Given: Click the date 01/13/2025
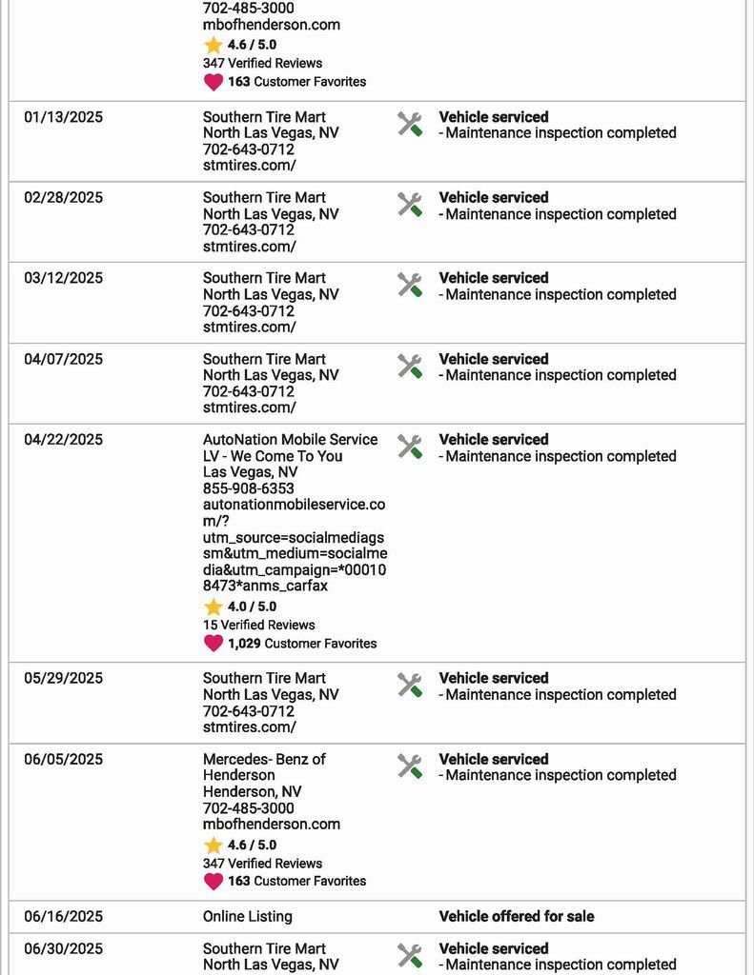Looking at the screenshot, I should click(x=64, y=117).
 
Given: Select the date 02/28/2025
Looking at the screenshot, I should click(x=64, y=198).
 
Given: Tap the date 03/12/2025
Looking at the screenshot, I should click(x=64, y=278).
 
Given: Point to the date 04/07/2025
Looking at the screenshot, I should click(x=64, y=359).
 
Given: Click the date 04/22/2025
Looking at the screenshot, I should click(x=64, y=440).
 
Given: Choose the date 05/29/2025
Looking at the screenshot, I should click(x=64, y=678).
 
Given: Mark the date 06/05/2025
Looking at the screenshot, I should click(x=64, y=759).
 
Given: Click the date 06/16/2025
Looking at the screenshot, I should click(x=64, y=917).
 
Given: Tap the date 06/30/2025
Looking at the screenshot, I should click(x=64, y=948).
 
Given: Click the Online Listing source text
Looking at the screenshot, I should click(x=248, y=917).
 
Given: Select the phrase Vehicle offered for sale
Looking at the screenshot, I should click(x=516, y=917).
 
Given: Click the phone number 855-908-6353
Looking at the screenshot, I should click(x=249, y=488).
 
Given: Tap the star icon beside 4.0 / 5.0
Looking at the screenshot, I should click(x=214, y=607).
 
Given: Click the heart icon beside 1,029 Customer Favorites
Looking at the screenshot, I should click(x=214, y=644).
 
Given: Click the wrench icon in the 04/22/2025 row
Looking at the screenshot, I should click(x=410, y=447).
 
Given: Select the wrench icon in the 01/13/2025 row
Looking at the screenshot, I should click(x=410, y=124).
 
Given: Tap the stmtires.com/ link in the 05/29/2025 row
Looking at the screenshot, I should click(x=250, y=727).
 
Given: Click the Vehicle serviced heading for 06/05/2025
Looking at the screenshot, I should click(x=494, y=759).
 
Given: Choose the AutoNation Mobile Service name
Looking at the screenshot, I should click(x=290, y=448).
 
